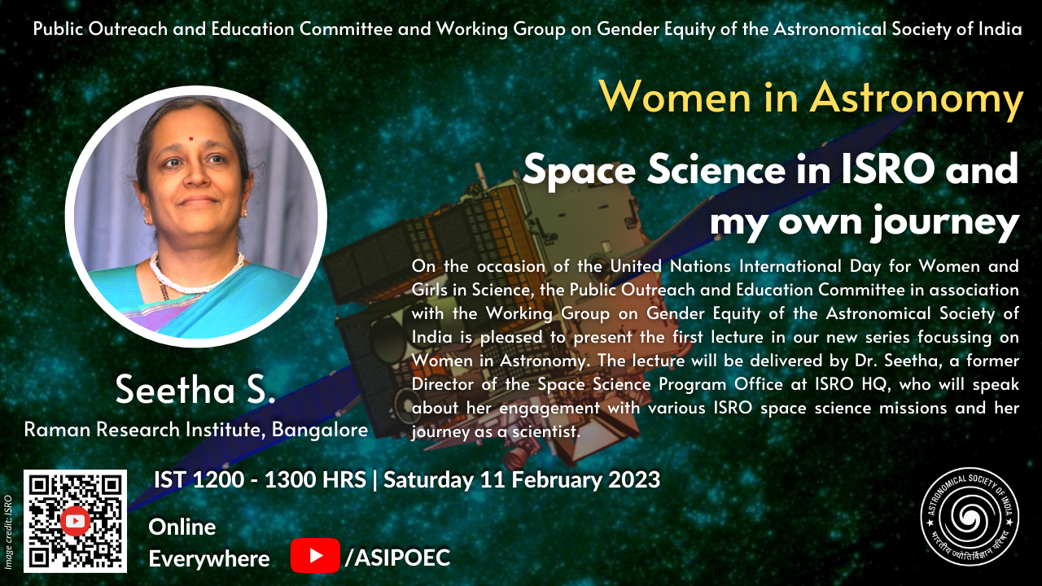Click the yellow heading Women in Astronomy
coord(812,98)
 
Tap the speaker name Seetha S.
coord(195,390)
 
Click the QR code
coord(76,521)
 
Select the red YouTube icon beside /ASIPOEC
coord(315,555)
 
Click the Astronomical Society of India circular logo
coord(970,517)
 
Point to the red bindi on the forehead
coord(190,138)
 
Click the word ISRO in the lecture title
coord(888,169)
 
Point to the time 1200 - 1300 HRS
coord(279,480)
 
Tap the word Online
coord(182,527)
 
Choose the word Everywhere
coord(209,559)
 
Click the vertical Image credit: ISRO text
coord(8,531)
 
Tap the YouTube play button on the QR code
coord(75,521)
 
